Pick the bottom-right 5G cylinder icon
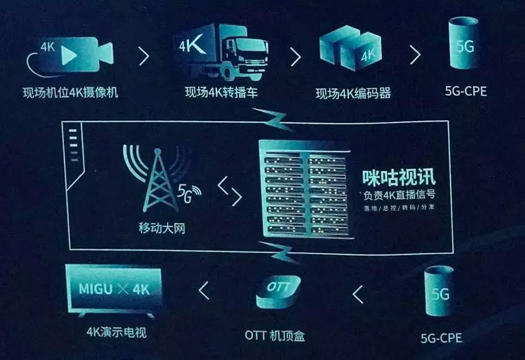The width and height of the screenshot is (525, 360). point(440,293)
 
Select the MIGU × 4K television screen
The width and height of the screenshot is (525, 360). point(114,284)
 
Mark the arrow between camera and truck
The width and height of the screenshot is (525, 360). point(144,56)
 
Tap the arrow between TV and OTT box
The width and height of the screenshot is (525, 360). point(203,291)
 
